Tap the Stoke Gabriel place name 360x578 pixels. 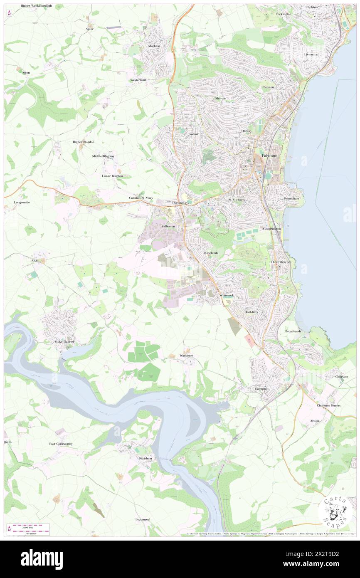coord(64,341)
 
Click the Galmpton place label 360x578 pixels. coord(262,389)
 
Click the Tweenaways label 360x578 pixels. coord(180,203)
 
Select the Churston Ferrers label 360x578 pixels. coord(328,405)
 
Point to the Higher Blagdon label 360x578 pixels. coord(84,142)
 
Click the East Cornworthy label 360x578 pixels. coord(61,444)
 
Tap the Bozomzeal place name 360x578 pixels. coord(142,519)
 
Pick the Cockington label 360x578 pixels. coord(284,14)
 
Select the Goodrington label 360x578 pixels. coord(272,229)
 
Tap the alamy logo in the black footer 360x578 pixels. coord(42,559)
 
